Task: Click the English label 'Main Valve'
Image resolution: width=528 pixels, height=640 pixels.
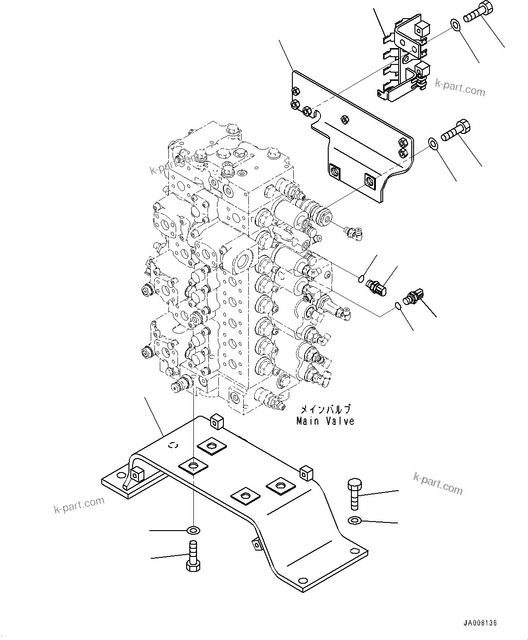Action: pos(325,421)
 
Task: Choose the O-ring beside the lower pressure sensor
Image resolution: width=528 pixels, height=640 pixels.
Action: pos(397,306)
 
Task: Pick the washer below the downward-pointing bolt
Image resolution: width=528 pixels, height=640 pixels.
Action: pos(355,520)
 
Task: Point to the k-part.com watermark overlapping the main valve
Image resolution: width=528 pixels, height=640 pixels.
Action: pos(175,164)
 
